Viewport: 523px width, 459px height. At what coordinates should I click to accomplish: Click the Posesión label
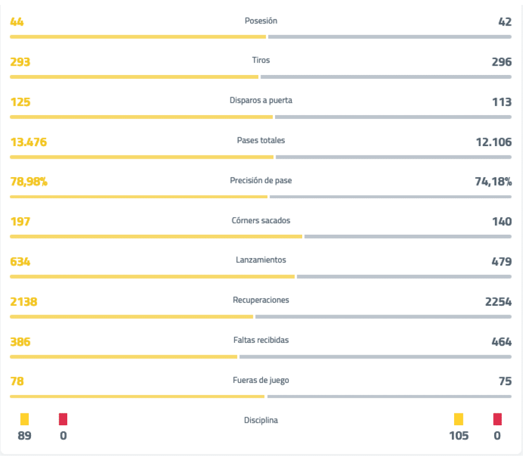point(261,21)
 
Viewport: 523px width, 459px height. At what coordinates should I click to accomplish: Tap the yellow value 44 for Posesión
point(17,22)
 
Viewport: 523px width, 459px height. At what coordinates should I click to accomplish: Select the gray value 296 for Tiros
point(502,62)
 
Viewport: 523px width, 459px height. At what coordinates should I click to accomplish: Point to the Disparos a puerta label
point(261,100)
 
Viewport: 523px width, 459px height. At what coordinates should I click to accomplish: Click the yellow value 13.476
point(29,142)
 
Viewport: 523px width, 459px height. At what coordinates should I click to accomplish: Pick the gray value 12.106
point(494,142)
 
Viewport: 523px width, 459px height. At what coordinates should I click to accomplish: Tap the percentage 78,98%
point(29,182)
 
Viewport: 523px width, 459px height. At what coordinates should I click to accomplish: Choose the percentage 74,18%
point(493,182)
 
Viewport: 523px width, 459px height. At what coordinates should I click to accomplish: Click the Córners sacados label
point(261,221)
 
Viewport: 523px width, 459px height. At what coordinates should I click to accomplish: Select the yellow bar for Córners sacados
point(156,237)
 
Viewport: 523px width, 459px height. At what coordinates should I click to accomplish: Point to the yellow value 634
point(20,262)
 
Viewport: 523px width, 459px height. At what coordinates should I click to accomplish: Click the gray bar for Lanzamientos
point(404,276)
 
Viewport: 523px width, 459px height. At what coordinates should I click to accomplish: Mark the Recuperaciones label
point(261,300)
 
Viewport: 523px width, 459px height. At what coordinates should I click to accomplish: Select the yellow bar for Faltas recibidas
point(124,357)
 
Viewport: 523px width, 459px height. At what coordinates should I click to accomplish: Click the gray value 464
point(502,342)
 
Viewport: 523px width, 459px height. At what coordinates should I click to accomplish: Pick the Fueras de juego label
point(261,380)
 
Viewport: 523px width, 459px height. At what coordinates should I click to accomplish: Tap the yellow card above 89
point(24,419)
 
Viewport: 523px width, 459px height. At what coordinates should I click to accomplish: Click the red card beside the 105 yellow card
point(498,419)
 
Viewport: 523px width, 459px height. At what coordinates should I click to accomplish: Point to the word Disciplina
point(261,420)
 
